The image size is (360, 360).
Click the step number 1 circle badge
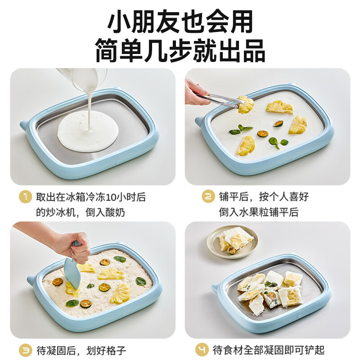point(26,197)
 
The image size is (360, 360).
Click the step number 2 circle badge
point(208,197)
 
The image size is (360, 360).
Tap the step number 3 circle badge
point(26,350)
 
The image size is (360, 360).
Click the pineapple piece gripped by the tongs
point(246,104)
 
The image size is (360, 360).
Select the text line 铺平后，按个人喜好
point(264,197)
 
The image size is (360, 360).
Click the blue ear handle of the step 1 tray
point(23,125)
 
